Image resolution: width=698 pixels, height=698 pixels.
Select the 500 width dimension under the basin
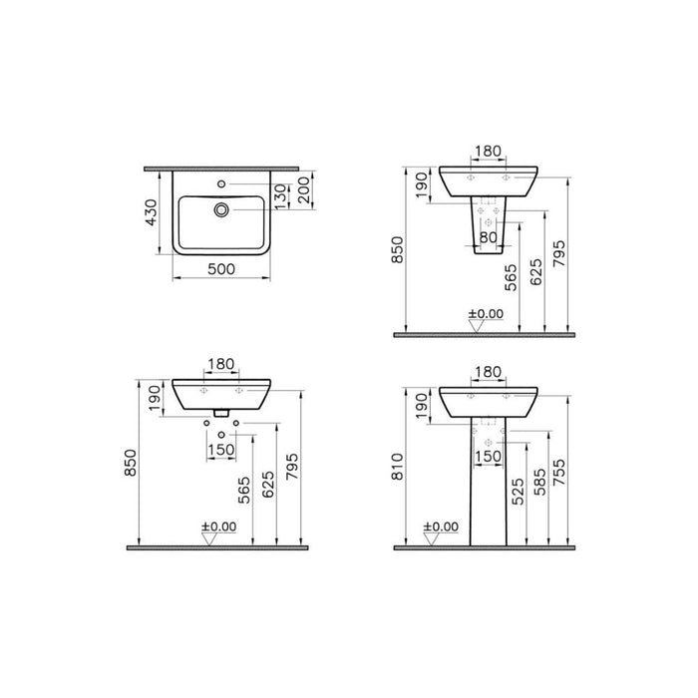coord(222,268)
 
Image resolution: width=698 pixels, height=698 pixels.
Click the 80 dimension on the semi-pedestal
coord(488,238)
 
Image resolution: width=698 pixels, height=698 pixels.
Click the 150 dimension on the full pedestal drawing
coord(488,456)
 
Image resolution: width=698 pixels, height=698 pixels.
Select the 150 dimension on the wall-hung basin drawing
coord(221,449)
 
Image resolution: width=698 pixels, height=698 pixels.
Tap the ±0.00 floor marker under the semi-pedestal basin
coord(485,315)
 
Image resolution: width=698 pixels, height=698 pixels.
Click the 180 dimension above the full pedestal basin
coord(488,372)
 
